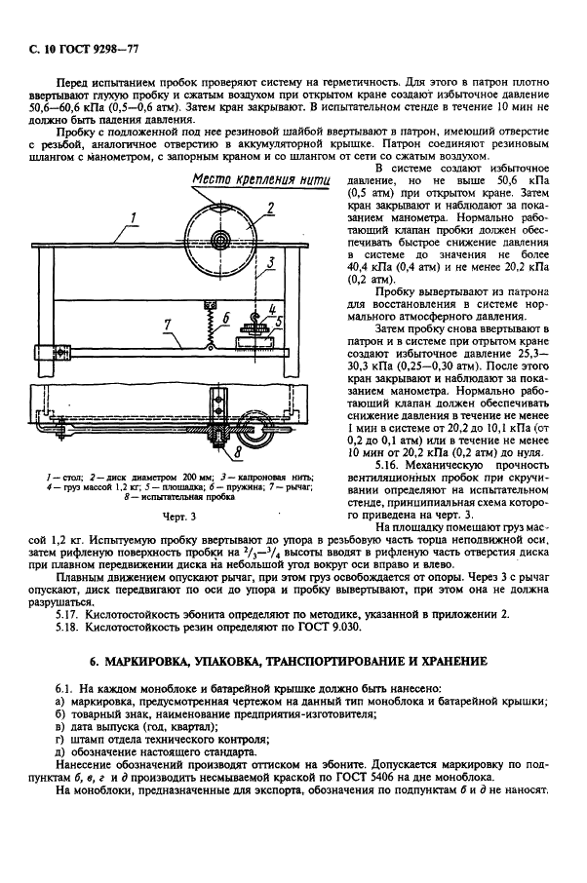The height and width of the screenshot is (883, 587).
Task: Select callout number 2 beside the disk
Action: point(270,206)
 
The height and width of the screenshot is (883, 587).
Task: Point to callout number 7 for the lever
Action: point(167,322)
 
